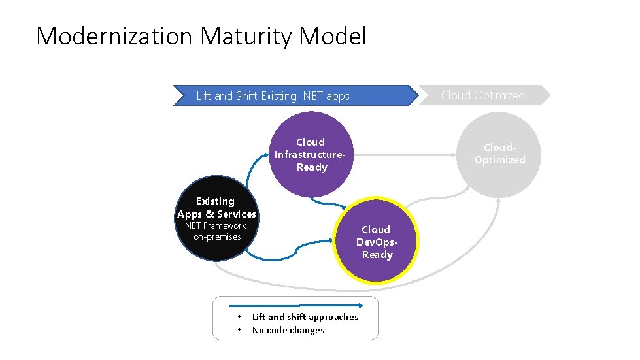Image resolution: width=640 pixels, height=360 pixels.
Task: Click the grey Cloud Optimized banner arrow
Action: (484, 95)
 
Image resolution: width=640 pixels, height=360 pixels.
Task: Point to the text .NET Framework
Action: (214, 225)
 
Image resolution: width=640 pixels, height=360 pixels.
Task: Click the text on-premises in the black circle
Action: (217, 237)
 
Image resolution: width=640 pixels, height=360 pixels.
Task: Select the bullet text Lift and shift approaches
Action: (305, 317)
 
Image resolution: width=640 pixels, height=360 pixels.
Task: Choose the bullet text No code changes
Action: (288, 330)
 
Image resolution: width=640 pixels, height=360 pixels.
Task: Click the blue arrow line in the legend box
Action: (294, 304)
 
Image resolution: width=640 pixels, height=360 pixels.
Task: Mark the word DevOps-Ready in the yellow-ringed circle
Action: (377, 248)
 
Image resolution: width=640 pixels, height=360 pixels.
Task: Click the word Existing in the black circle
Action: (215, 201)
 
